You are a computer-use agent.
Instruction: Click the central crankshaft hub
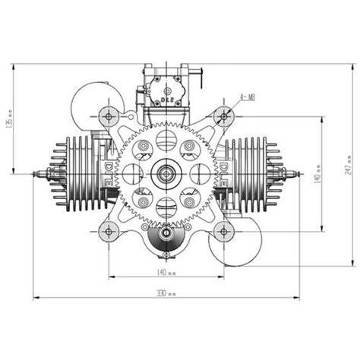click(166, 174)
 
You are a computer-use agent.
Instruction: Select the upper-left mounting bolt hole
click(108, 116)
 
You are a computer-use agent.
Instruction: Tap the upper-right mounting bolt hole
click(223, 116)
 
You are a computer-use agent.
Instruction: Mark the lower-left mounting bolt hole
click(108, 231)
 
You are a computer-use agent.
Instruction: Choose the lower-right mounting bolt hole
click(223, 231)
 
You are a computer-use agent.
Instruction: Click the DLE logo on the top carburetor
click(166, 98)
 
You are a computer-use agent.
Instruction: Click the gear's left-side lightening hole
click(134, 174)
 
